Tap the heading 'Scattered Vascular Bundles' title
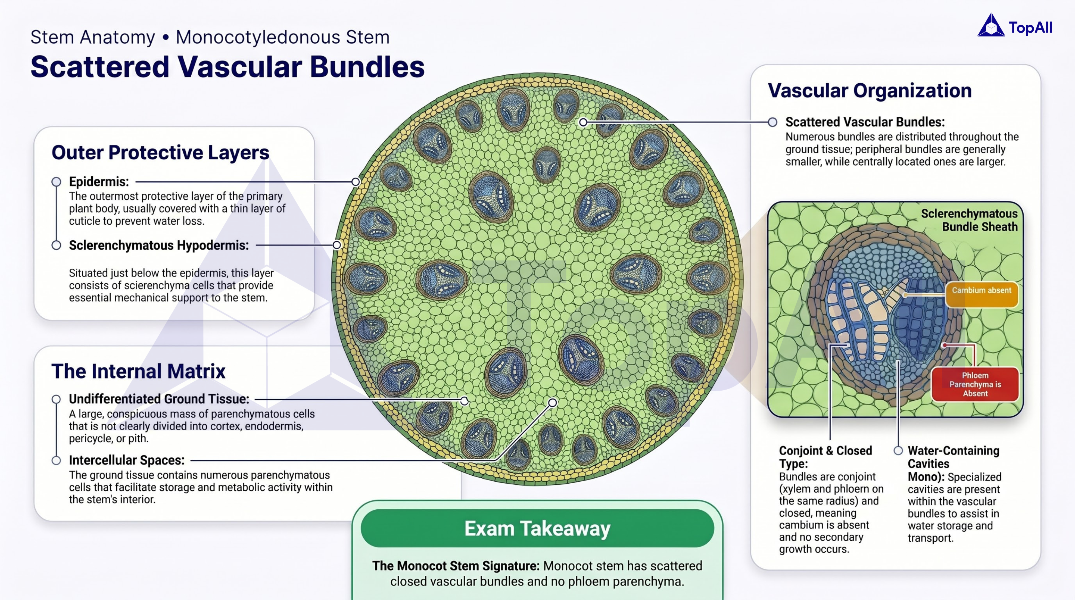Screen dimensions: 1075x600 (x=227, y=67)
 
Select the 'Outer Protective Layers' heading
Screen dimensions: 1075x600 (x=160, y=152)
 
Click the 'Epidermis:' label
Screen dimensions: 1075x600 (x=99, y=182)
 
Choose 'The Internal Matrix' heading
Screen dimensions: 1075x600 (x=138, y=371)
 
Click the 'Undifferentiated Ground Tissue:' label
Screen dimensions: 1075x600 (x=159, y=399)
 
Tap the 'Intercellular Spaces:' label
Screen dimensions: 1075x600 (x=126, y=460)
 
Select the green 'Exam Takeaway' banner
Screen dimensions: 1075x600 (x=537, y=528)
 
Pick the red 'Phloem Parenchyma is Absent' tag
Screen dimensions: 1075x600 (x=975, y=384)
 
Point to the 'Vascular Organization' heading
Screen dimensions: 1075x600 (x=870, y=91)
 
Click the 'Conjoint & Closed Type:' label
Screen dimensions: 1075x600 (x=825, y=457)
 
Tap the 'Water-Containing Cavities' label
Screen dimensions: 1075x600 (x=953, y=457)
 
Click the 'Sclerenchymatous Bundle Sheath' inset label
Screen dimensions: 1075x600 (x=969, y=220)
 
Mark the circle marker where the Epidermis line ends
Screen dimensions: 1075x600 (x=356, y=182)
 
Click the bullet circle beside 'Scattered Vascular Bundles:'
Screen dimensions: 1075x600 (x=773, y=122)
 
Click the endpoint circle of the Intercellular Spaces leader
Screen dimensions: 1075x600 (x=552, y=402)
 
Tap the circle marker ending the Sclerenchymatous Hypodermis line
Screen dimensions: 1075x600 (x=337, y=245)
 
